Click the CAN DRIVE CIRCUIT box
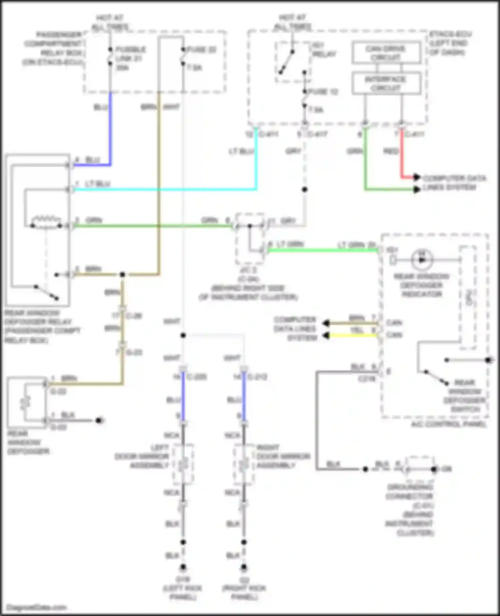[386, 53]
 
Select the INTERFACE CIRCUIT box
[386, 83]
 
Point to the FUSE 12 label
[323, 92]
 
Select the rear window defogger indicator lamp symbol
[422, 260]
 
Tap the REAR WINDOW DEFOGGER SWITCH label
[465, 396]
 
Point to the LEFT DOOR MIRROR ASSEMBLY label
[142, 456]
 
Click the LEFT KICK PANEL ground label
[182, 588]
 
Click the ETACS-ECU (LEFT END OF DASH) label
[450, 43]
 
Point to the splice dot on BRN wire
[122, 275]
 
